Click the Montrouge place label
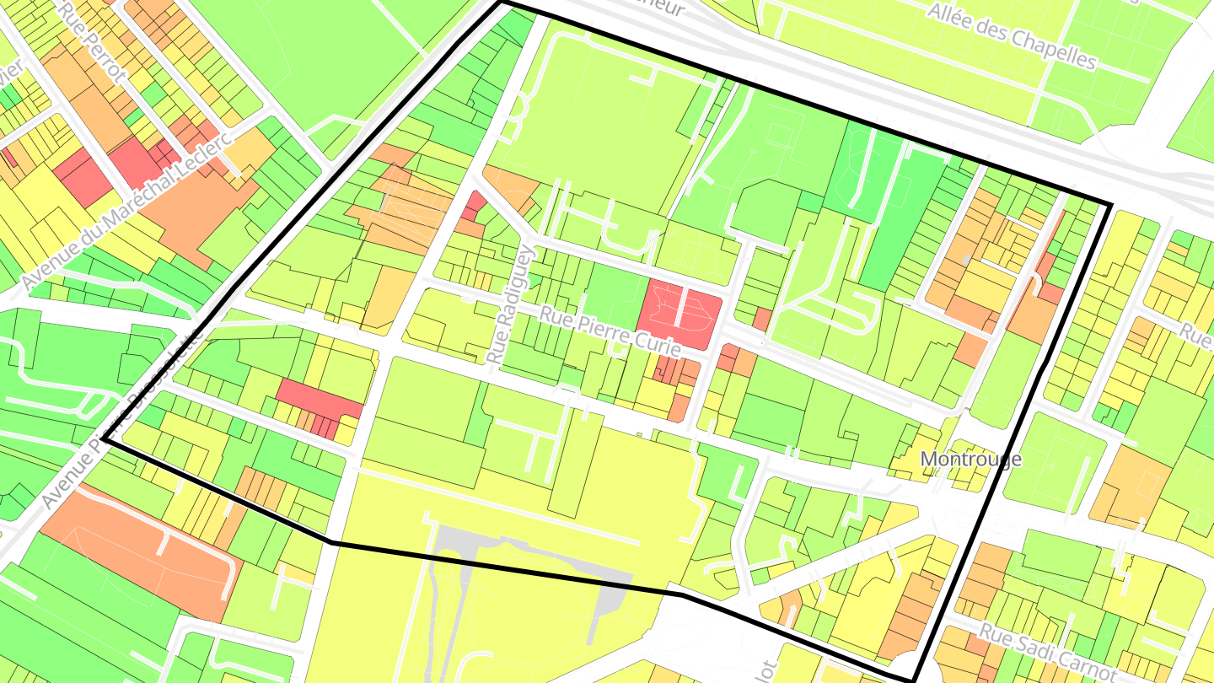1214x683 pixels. [x=970, y=460]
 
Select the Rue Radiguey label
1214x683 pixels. [x=511, y=304]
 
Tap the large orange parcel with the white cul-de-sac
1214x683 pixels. [x=143, y=548]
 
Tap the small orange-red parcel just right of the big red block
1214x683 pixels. [x=762, y=320]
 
